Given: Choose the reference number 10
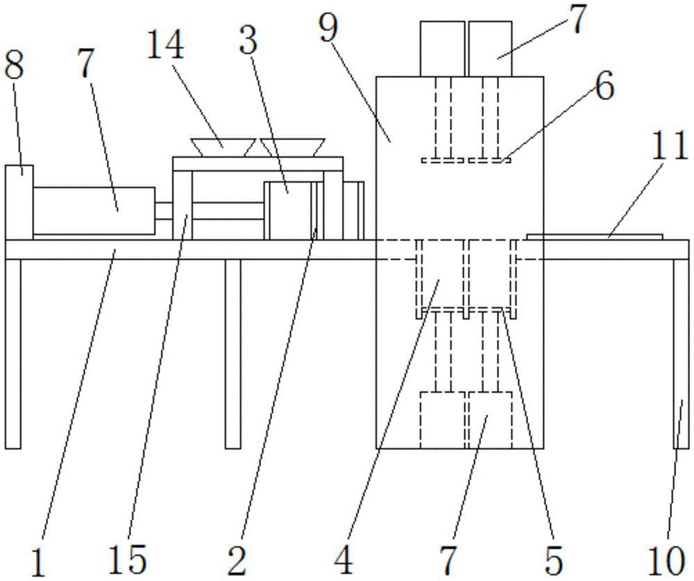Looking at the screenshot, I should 670,559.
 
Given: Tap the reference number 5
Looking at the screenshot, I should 553,559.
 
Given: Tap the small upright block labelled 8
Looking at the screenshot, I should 19,201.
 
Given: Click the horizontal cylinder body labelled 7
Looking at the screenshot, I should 94,210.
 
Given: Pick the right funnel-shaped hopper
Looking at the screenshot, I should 291,146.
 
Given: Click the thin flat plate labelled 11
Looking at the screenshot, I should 595,237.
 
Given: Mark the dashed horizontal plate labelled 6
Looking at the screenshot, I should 466,161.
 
